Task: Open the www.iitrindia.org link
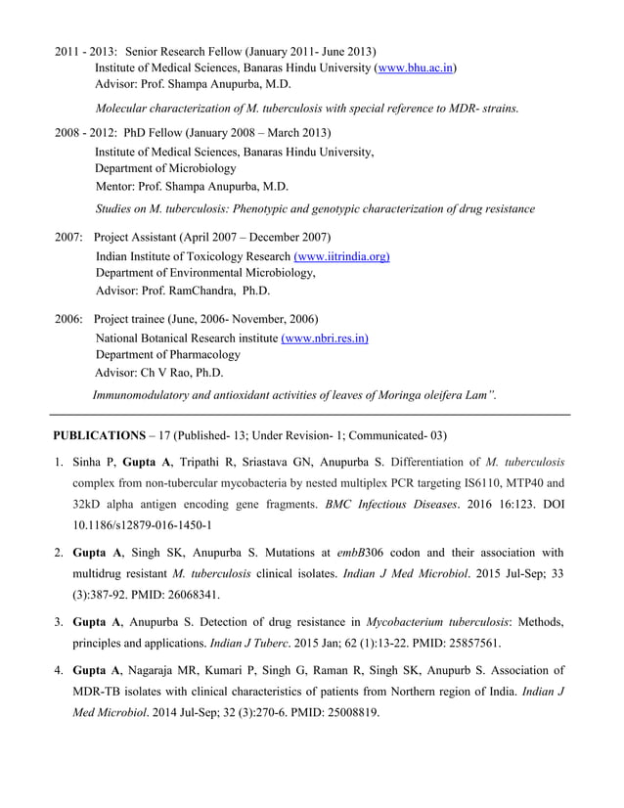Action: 335,256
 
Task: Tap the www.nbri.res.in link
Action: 325,337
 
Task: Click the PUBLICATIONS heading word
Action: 98,435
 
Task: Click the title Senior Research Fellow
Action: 184,51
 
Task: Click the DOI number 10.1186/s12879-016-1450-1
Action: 141,524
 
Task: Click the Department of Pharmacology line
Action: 167,355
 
